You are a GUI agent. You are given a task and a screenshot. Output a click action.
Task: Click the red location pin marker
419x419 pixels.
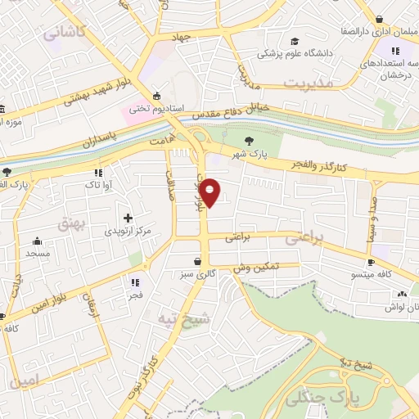point(210,191)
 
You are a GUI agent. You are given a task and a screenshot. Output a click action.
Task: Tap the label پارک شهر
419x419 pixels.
point(249,155)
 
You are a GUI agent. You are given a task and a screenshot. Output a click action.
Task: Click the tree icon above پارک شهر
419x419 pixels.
point(249,142)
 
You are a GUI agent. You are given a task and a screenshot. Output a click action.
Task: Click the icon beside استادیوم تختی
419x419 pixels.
point(155,96)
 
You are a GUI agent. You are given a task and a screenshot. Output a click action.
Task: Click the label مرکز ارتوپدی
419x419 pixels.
point(128,232)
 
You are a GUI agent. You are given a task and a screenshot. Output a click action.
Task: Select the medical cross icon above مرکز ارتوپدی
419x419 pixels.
point(128,218)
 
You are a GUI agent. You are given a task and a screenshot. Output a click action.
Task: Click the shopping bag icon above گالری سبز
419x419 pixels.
point(198,262)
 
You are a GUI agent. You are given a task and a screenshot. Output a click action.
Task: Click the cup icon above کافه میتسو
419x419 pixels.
point(372,262)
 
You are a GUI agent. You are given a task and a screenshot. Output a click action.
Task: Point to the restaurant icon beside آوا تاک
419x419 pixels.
point(99,173)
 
